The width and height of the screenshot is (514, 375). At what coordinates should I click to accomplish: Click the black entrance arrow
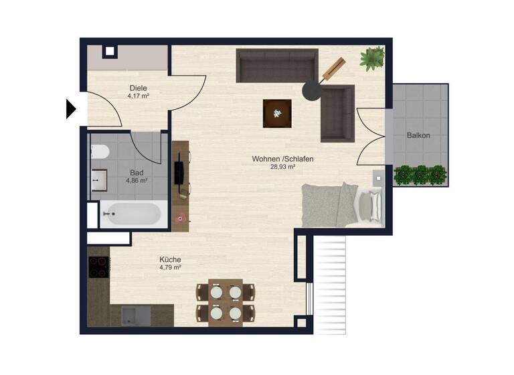[71, 108]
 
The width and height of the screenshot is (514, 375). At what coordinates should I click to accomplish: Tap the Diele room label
[138, 88]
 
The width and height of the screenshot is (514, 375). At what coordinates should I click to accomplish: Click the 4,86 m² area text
[137, 180]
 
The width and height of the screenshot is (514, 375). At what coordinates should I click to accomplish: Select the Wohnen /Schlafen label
[282, 159]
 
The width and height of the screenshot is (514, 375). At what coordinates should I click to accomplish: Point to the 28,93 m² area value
[282, 167]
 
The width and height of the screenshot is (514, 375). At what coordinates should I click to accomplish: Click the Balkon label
[418, 135]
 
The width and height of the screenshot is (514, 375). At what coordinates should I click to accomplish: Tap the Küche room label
[170, 260]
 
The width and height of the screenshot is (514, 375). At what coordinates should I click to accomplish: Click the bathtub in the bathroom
[131, 214]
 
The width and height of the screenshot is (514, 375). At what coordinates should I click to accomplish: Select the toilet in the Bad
[99, 152]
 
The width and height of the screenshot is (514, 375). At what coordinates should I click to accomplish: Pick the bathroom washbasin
[99, 179]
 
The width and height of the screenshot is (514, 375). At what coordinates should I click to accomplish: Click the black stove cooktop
[98, 267]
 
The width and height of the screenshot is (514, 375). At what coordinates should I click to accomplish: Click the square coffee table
[276, 112]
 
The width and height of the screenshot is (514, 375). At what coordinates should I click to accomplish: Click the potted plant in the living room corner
[373, 58]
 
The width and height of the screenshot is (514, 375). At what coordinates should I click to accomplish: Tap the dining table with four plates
[225, 302]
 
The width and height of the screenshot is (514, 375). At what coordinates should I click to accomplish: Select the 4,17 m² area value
[138, 96]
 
